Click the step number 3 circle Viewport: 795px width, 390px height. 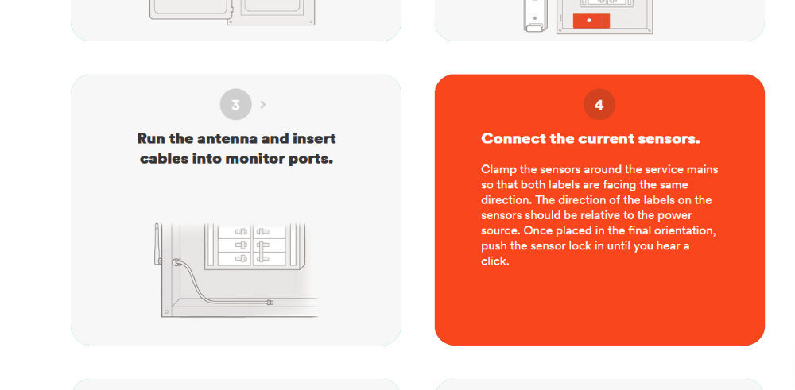click(235, 105)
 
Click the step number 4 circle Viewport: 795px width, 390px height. click(599, 105)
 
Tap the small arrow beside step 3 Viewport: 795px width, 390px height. click(263, 105)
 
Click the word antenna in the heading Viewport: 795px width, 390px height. click(225, 139)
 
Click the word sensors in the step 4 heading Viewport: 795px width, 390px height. click(670, 139)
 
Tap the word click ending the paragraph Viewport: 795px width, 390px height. click(494, 261)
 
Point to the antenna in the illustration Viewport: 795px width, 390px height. click(157, 243)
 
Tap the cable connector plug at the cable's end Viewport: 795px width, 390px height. click(270, 303)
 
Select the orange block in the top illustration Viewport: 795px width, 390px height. click(591, 21)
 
